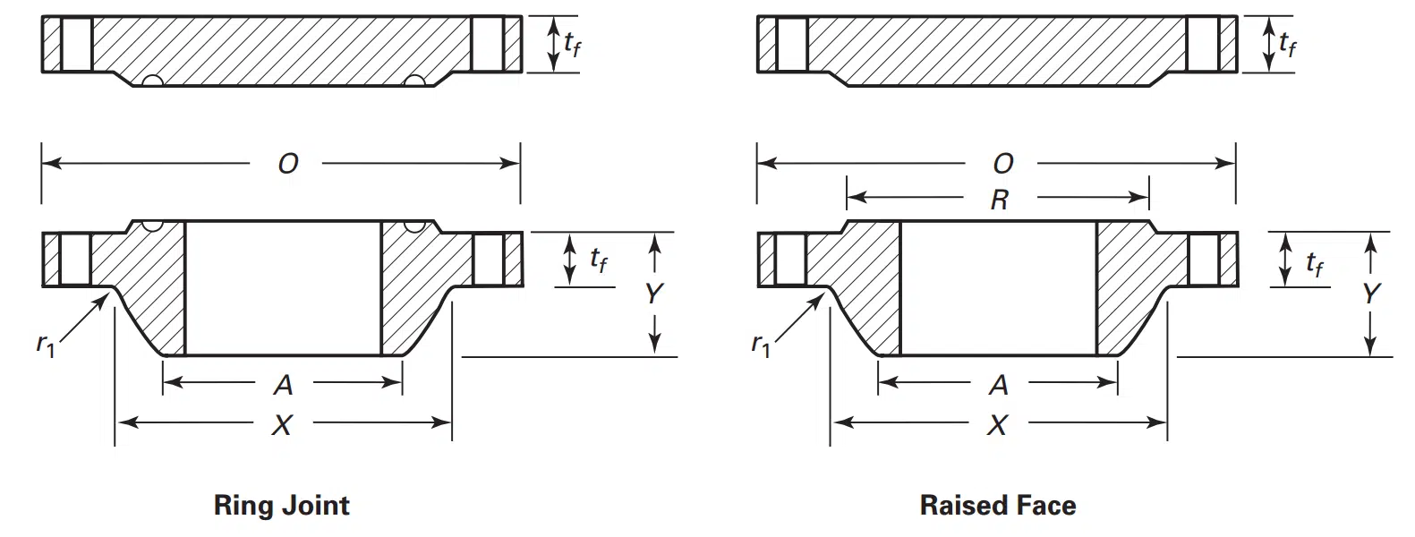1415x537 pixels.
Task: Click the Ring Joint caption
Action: [282, 506]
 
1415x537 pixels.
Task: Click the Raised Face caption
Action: [998, 506]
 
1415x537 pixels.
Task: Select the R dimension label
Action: [1000, 200]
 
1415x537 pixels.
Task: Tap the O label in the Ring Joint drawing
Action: [288, 165]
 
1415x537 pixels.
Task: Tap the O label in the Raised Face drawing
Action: [1003, 165]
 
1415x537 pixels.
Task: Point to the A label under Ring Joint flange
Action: [284, 385]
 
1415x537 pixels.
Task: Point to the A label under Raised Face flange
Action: [999, 385]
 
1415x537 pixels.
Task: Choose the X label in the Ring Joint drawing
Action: [282, 425]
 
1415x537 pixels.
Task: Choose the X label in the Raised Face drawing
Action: [997, 425]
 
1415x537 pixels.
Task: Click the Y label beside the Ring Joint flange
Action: [654, 294]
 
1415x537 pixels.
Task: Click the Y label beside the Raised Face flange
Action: [1370, 294]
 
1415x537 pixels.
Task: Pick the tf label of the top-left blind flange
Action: [572, 45]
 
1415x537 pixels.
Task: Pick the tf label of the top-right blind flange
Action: [1287, 45]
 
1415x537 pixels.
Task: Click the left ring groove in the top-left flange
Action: [153, 81]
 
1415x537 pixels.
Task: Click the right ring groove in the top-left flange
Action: [414, 81]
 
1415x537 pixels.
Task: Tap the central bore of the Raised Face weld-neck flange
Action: [999, 288]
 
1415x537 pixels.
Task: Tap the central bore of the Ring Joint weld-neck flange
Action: [284, 288]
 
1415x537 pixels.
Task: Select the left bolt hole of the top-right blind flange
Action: [792, 44]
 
